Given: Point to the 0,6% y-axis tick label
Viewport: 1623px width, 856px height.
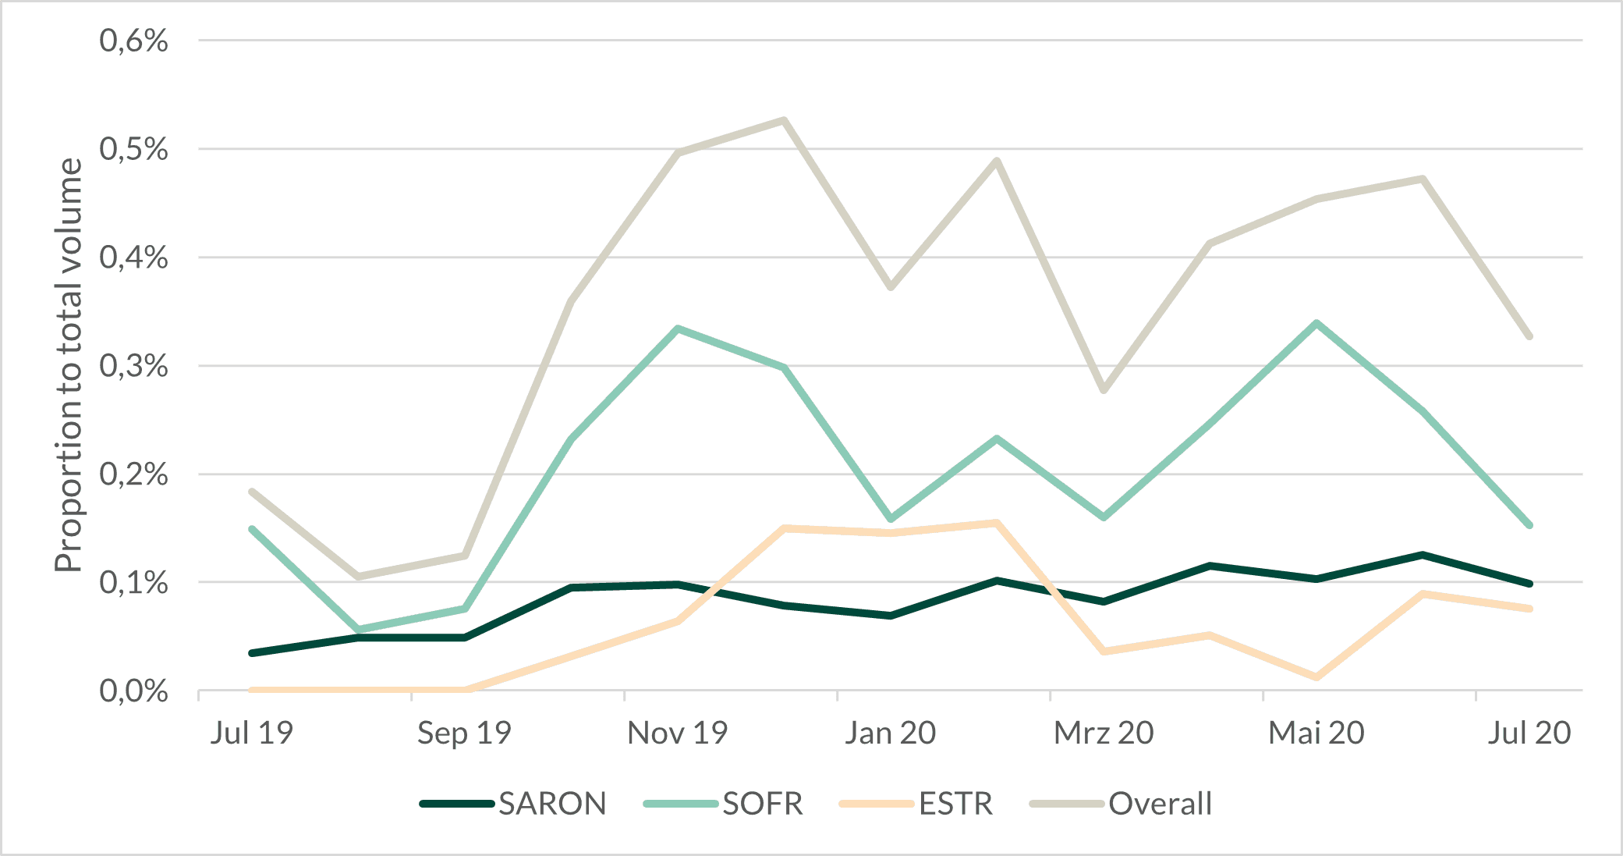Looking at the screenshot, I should point(133,41).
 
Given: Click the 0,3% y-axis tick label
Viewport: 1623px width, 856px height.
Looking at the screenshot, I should point(133,366).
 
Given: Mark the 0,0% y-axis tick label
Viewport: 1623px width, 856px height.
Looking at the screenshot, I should point(133,691).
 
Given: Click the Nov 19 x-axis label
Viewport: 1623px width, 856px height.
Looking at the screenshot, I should point(677,733).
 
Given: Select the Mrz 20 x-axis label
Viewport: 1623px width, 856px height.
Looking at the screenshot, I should point(1104,733).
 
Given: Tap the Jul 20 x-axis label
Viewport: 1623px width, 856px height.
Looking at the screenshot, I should point(1529,733).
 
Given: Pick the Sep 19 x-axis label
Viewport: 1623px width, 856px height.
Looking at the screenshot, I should point(464,733).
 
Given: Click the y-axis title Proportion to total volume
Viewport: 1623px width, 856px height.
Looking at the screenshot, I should point(69,365).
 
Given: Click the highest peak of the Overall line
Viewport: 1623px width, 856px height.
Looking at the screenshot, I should point(784,120).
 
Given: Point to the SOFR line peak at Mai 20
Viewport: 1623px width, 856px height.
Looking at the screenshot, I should point(1316,323).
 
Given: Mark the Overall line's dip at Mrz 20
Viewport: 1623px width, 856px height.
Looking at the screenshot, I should point(1104,390).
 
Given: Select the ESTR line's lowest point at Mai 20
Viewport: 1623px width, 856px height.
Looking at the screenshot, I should point(1316,677).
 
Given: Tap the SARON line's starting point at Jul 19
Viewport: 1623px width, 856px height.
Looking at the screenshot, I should point(252,652).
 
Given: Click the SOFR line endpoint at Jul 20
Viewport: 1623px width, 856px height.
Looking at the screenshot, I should point(1529,525).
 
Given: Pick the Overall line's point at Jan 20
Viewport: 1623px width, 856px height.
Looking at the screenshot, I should point(891,287).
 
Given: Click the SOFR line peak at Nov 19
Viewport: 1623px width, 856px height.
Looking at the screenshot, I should point(679,329).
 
